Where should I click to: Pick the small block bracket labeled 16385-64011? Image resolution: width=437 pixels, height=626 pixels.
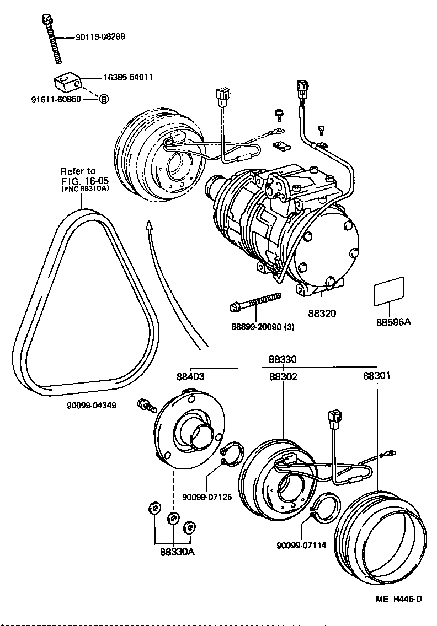tap(67, 83)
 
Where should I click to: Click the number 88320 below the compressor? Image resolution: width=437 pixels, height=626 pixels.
tap(322, 313)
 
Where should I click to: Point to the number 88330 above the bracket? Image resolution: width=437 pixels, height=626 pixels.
tap(283, 359)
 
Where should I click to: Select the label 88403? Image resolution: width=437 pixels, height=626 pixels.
tap(190, 377)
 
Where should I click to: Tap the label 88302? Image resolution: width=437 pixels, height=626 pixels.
tap(283, 377)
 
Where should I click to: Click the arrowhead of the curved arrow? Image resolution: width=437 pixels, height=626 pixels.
tap(148, 225)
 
